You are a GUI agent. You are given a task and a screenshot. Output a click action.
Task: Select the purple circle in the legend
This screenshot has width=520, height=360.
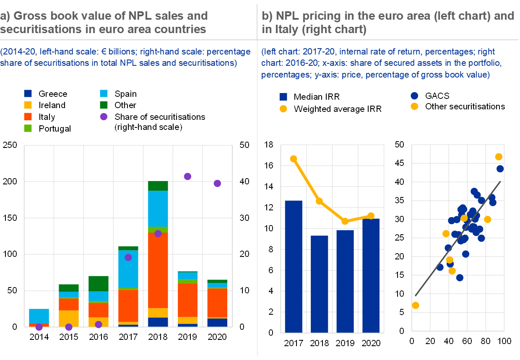[104, 117]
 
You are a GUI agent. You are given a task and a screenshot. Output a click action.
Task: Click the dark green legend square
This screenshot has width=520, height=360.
[104, 105]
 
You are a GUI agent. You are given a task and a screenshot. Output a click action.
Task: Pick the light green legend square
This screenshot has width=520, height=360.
[28, 128]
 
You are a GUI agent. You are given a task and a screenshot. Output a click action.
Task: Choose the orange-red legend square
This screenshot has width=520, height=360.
[28, 117]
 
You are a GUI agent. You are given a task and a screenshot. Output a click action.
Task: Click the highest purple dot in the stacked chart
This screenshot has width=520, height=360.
[187, 176]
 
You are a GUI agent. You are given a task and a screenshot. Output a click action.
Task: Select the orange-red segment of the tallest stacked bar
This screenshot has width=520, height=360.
[158, 270]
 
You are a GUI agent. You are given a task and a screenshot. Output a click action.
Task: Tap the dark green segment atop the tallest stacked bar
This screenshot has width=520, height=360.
[158, 186]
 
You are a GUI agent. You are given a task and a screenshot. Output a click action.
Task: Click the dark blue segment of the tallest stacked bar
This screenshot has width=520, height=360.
[158, 322]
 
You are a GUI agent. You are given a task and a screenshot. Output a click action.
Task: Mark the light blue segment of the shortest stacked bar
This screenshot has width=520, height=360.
[39, 316]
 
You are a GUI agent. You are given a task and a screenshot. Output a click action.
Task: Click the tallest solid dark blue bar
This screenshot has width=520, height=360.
[294, 266]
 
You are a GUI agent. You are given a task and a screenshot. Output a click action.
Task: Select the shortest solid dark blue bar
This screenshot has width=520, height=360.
[320, 284]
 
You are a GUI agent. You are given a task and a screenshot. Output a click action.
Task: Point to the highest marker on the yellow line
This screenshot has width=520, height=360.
[294, 159]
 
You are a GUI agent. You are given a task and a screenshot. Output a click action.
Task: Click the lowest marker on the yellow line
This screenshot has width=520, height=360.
[345, 221]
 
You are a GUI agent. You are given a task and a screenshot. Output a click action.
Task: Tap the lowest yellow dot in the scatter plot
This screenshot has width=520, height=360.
[416, 305]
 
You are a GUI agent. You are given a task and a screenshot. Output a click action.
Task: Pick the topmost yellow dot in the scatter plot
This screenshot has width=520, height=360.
[499, 157]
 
